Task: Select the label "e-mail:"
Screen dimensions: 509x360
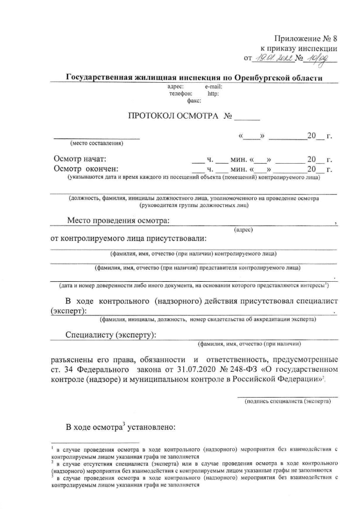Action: (x=214, y=87)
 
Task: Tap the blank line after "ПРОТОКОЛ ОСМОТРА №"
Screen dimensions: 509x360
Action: (x=247, y=118)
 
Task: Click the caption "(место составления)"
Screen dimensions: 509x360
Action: (x=96, y=142)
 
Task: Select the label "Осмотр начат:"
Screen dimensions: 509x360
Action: (x=79, y=159)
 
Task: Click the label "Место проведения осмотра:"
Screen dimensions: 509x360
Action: (x=118, y=220)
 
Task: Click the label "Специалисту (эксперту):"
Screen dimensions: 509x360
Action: (x=111, y=336)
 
